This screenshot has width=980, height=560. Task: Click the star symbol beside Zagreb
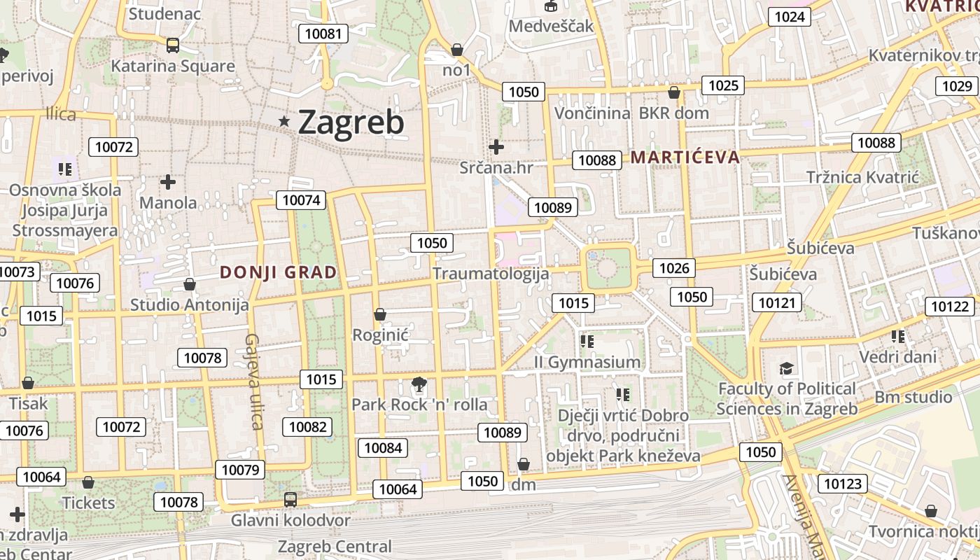coord(284,122)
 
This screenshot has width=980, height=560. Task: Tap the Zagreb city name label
coord(351,122)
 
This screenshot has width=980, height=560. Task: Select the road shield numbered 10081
coord(323,33)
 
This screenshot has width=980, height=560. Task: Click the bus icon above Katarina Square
coord(173,45)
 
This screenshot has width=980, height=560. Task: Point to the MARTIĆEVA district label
coord(685,157)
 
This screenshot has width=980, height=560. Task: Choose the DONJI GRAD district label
coord(279,272)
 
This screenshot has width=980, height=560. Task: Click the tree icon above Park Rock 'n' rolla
coord(419,384)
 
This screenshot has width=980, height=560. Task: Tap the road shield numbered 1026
coord(674,267)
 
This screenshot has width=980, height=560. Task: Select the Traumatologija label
coord(491,273)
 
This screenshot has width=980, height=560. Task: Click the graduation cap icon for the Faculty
coord(787,368)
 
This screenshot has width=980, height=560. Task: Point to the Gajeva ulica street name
coord(253,381)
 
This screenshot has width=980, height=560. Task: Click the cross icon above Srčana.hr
coord(496,147)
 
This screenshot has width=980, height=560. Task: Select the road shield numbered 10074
coord(302,200)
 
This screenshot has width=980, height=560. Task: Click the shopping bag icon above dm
coord(524,464)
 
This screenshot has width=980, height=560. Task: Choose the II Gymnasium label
coord(587,362)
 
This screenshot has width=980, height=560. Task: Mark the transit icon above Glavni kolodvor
coord(290,500)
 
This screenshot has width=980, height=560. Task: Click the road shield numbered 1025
coord(723,85)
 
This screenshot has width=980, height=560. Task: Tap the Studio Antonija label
coord(190,305)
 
